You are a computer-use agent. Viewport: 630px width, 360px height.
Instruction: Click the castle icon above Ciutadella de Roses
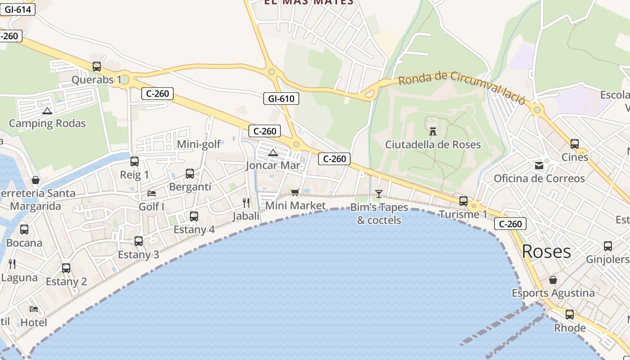pyautogui.click(x=433, y=131)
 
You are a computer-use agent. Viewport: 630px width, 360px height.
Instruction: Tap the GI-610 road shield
pyautogui.click(x=281, y=98)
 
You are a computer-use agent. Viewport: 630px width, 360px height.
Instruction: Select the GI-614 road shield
pyautogui.click(x=18, y=9)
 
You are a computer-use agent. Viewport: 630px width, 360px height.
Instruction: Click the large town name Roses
pyautogui.click(x=546, y=251)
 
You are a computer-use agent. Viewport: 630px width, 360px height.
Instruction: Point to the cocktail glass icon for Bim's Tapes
pyautogui.click(x=378, y=194)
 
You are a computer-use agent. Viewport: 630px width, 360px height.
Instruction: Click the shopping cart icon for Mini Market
pyautogui.click(x=295, y=193)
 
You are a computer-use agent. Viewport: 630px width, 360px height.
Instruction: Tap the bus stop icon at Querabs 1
pyautogui.click(x=97, y=67)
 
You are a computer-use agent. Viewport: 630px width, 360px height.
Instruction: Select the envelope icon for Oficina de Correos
pyautogui.click(x=539, y=166)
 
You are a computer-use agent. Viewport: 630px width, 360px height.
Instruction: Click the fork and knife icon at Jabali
pyautogui.click(x=246, y=202)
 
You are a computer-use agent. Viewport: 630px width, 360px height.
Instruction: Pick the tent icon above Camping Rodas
pyautogui.click(x=47, y=111)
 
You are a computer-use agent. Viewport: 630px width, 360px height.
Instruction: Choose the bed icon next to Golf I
pyautogui.click(x=152, y=193)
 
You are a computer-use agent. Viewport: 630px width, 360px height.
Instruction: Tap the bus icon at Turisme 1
pyautogui.click(x=463, y=201)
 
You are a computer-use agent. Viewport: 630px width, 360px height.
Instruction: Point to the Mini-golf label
pyautogui.click(x=199, y=144)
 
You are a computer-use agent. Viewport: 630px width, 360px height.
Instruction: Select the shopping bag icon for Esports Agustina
pyautogui.click(x=553, y=280)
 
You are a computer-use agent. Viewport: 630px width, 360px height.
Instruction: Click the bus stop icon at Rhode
pyautogui.click(x=570, y=315)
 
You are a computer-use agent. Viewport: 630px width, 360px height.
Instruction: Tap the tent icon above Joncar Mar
pyautogui.click(x=273, y=153)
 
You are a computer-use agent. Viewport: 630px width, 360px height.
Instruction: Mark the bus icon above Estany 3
pyautogui.click(x=139, y=241)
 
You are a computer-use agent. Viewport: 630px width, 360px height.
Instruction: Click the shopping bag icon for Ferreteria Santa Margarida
pyautogui.click(x=36, y=180)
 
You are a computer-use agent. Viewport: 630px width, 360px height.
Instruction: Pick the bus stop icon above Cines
pyautogui.click(x=575, y=144)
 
